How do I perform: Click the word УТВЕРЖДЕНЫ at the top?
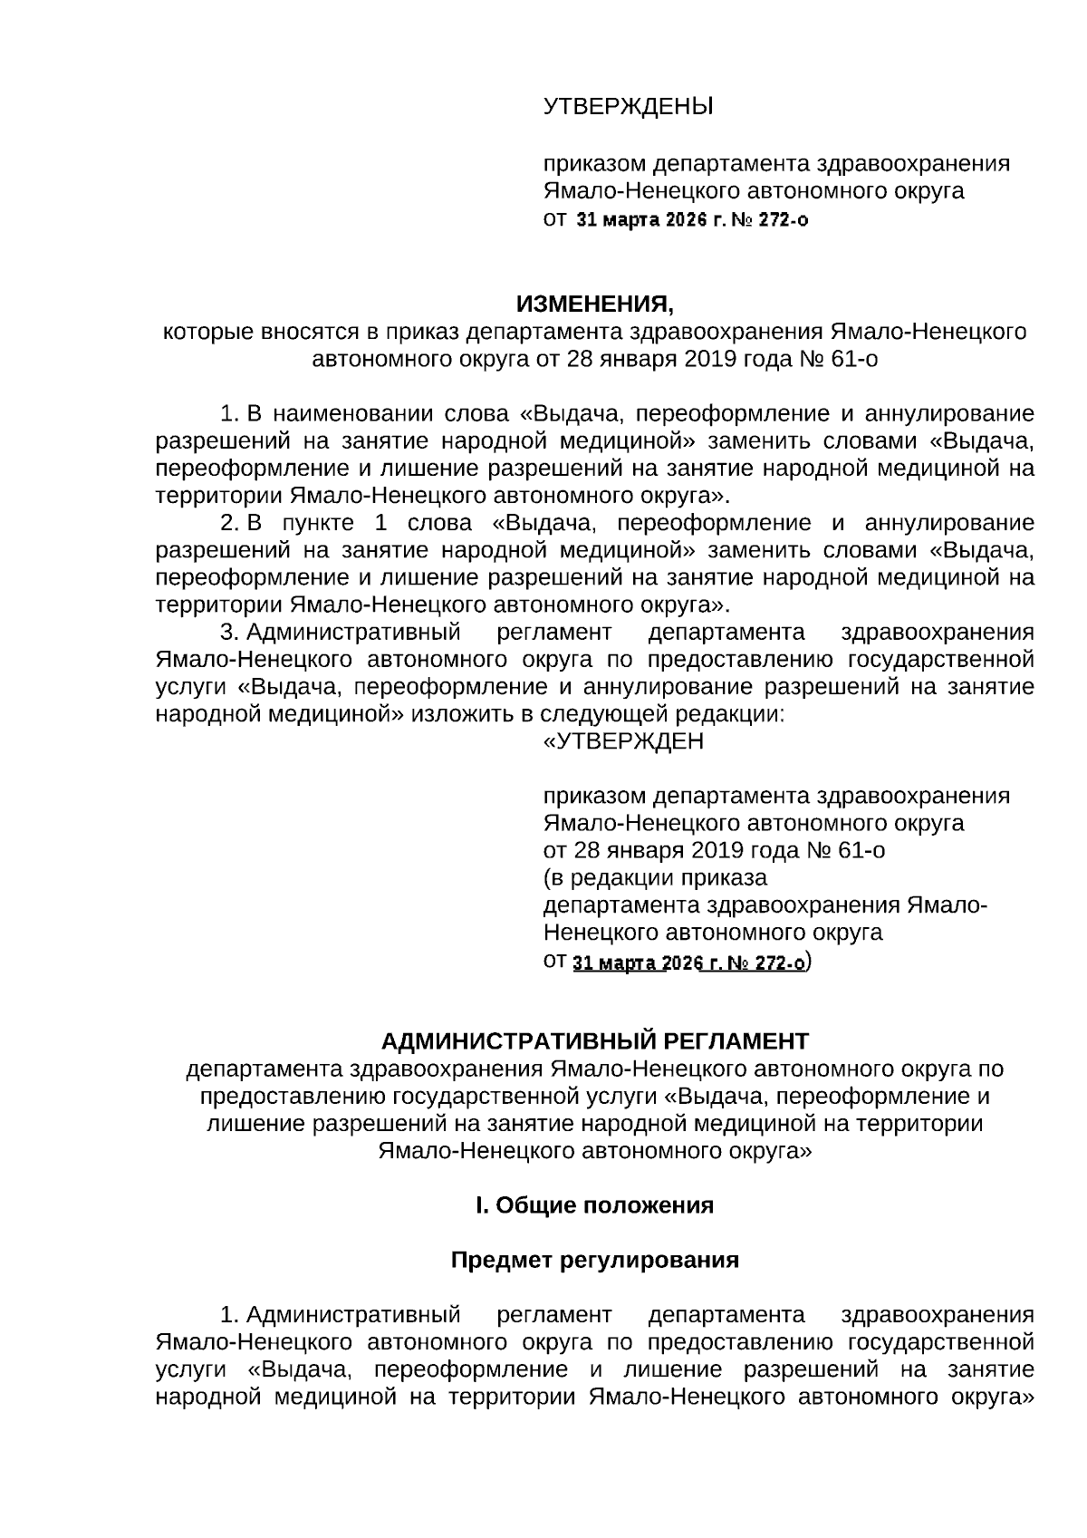[x=628, y=108]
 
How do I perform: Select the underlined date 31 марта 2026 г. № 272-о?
[x=688, y=963]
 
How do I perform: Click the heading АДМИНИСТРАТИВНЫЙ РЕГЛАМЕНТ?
[x=594, y=1040]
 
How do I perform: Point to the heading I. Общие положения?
[x=595, y=1205]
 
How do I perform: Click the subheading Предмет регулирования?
[x=595, y=1261]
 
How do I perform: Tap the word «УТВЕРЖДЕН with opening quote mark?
[x=622, y=741]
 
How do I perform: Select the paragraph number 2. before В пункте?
[x=230, y=523]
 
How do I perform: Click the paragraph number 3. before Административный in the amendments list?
[x=230, y=632]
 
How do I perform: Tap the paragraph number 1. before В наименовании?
[x=230, y=414]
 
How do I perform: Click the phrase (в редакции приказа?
[x=654, y=878]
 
